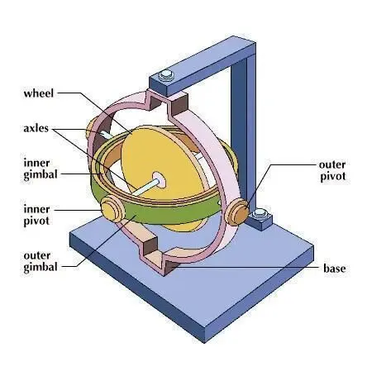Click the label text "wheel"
39,93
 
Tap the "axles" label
36,128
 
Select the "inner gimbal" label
41,169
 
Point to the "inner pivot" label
36,215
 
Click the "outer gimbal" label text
41,261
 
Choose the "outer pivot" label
332,170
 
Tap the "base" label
335,269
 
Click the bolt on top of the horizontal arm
166,75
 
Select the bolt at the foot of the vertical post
260,213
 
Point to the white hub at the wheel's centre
160,180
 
